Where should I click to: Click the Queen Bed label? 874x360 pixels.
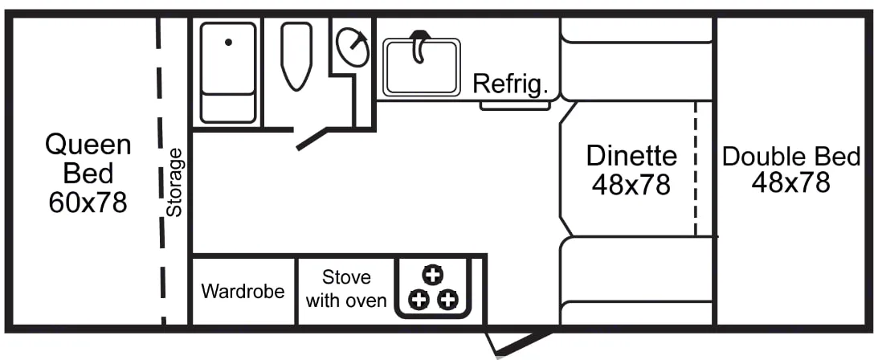pyautogui.click(x=88, y=158)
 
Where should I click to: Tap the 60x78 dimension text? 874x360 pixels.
pyautogui.click(x=88, y=202)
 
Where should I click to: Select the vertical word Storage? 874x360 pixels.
pyautogui.click(x=174, y=182)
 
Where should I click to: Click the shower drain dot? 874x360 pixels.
pyautogui.click(x=228, y=43)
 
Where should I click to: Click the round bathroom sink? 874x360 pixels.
pyautogui.click(x=352, y=47)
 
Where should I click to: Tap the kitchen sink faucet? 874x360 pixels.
pyautogui.click(x=419, y=47)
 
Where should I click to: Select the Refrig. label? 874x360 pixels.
pyautogui.click(x=510, y=83)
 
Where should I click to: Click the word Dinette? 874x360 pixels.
pyautogui.click(x=631, y=154)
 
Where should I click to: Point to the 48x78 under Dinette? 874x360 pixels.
pyautogui.click(x=631, y=185)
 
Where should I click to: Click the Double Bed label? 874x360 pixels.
pyautogui.click(x=791, y=156)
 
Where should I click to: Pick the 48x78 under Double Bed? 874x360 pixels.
pyautogui.click(x=791, y=183)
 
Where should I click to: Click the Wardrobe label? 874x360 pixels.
pyautogui.click(x=243, y=291)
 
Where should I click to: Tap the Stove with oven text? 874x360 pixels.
pyautogui.click(x=346, y=289)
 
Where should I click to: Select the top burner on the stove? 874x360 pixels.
pyautogui.click(x=432, y=274)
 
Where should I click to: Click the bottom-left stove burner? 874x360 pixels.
pyautogui.click(x=418, y=301)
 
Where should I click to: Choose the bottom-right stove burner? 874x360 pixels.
pyautogui.click(x=447, y=301)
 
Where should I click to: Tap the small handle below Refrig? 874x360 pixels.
pyautogui.click(x=504, y=105)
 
